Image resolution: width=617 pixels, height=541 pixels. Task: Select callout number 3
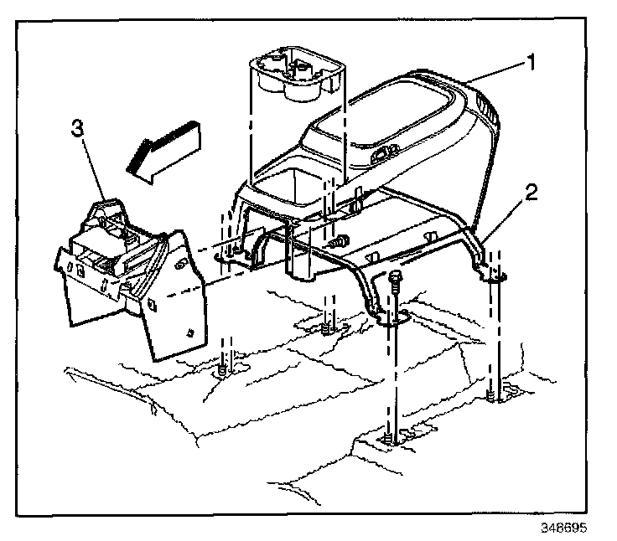76,129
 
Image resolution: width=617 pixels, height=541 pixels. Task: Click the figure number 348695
563,528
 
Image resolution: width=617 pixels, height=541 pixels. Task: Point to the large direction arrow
164,148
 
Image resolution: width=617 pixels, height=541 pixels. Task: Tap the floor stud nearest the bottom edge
391,436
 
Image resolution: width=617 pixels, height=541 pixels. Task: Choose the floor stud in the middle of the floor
329,324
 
